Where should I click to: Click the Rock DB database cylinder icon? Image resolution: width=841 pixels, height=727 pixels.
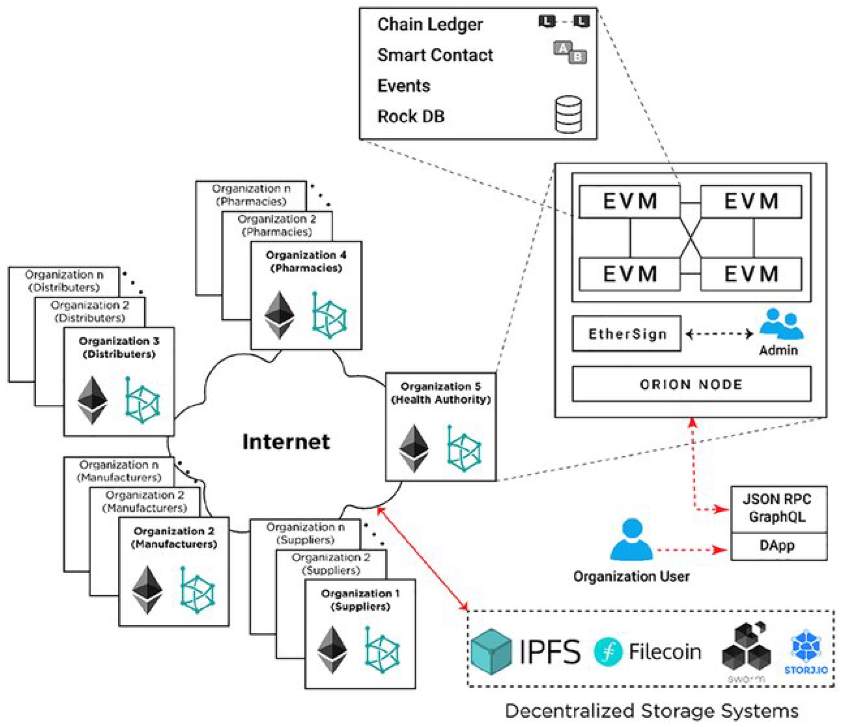coord(568,114)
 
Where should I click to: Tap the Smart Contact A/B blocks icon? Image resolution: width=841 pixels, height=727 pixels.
coord(570,52)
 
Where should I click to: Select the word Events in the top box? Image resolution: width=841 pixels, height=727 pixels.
coord(403,86)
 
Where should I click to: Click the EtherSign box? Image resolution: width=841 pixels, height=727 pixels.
coord(626,334)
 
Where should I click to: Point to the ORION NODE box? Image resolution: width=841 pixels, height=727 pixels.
coord(691,384)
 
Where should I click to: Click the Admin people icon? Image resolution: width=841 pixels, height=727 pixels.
coord(781,324)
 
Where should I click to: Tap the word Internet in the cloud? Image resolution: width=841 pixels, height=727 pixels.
coord(286,442)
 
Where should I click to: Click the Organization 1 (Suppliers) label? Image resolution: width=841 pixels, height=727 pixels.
coord(360,600)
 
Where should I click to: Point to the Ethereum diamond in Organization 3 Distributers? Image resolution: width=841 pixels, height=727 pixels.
coord(92,401)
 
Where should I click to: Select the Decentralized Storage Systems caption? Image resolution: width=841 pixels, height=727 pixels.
coord(651,710)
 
